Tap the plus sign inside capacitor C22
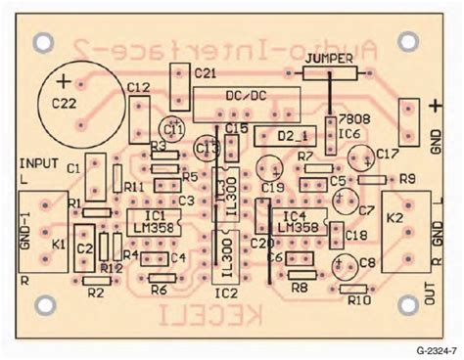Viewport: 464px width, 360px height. (65, 79)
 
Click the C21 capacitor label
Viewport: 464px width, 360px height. (207, 73)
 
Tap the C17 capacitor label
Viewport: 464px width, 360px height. (388, 154)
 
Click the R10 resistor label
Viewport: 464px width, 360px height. (360, 300)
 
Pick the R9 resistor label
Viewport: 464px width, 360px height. (407, 177)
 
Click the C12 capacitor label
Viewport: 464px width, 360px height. (138, 89)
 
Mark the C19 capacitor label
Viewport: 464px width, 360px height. (273, 186)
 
